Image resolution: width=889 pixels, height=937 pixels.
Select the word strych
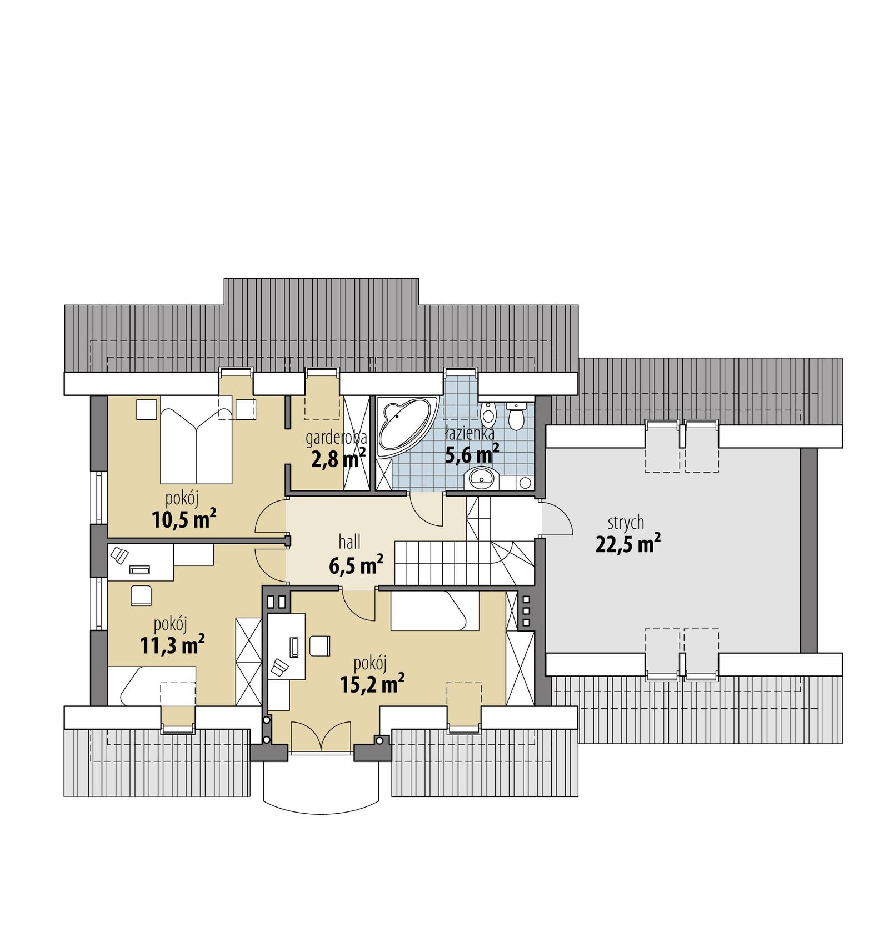click(x=626, y=522)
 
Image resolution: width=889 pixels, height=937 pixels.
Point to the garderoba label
click(x=336, y=438)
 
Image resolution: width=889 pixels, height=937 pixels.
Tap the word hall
click(x=349, y=542)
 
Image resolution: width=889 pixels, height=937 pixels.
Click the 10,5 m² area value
click(x=183, y=519)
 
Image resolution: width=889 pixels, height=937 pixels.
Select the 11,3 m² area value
click(x=172, y=645)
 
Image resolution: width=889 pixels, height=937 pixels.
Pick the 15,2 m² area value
click(x=372, y=683)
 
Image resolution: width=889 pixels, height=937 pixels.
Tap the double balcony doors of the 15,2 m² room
click(x=321, y=736)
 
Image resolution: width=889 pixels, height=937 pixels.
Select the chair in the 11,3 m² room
click(x=141, y=595)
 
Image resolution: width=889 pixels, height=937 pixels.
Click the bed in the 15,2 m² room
click(x=434, y=611)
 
